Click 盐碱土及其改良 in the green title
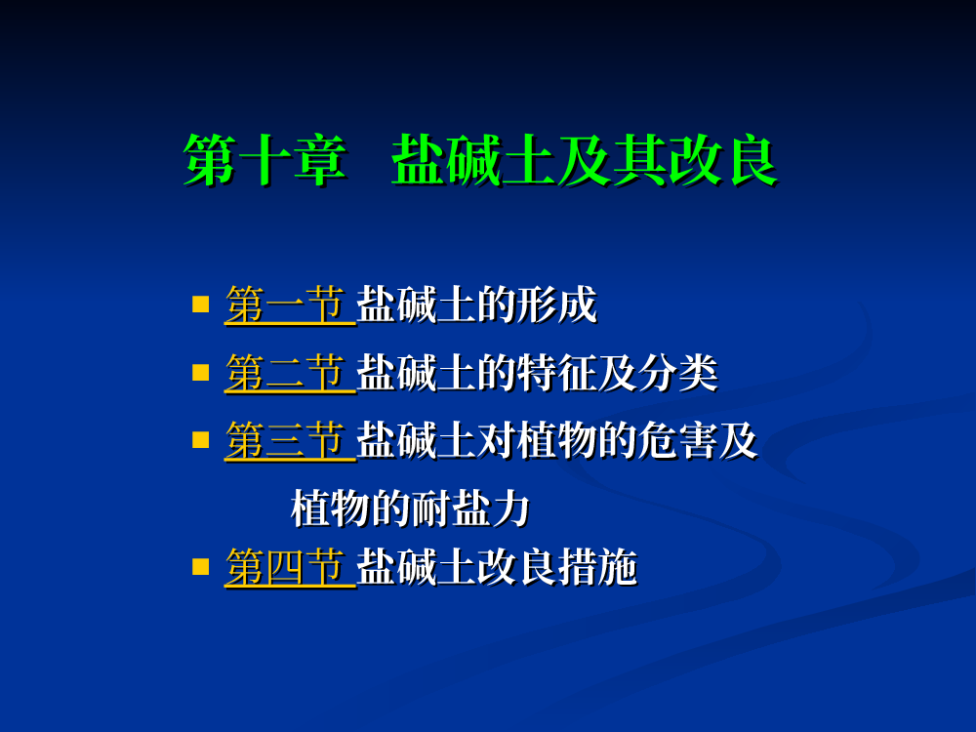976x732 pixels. pos(585,160)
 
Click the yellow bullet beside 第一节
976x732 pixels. pos(200,304)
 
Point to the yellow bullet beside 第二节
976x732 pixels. pos(200,372)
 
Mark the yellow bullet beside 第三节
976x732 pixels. pos(200,440)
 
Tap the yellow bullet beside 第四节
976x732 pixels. pos(200,566)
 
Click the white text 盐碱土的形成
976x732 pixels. pos(477,305)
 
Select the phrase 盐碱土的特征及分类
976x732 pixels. pos(538,373)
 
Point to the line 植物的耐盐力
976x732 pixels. pos(411,508)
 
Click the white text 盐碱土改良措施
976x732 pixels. pos(498,567)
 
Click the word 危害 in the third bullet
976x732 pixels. pos(677,441)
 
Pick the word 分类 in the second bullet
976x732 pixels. pos(678,373)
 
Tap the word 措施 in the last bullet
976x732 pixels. pos(598,567)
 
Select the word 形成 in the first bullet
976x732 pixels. pos(557,305)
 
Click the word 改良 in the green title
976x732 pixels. pos(724,160)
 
